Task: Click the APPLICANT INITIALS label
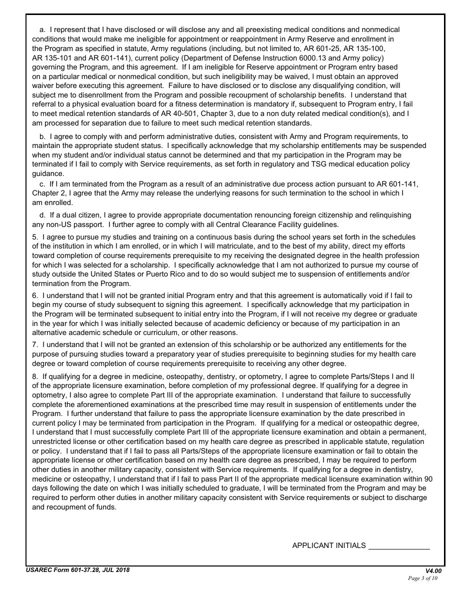tap(328, 545)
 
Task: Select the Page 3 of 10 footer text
tap(422, 578)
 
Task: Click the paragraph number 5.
tap(35, 237)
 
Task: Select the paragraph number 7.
tap(35, 344)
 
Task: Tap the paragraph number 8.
tap(35, 376)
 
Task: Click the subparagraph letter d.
tap(42, 215)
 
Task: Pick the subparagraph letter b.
tap(42, 136)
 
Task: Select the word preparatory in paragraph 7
tap(151, 354)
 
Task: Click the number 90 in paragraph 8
tap(428, 478)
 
